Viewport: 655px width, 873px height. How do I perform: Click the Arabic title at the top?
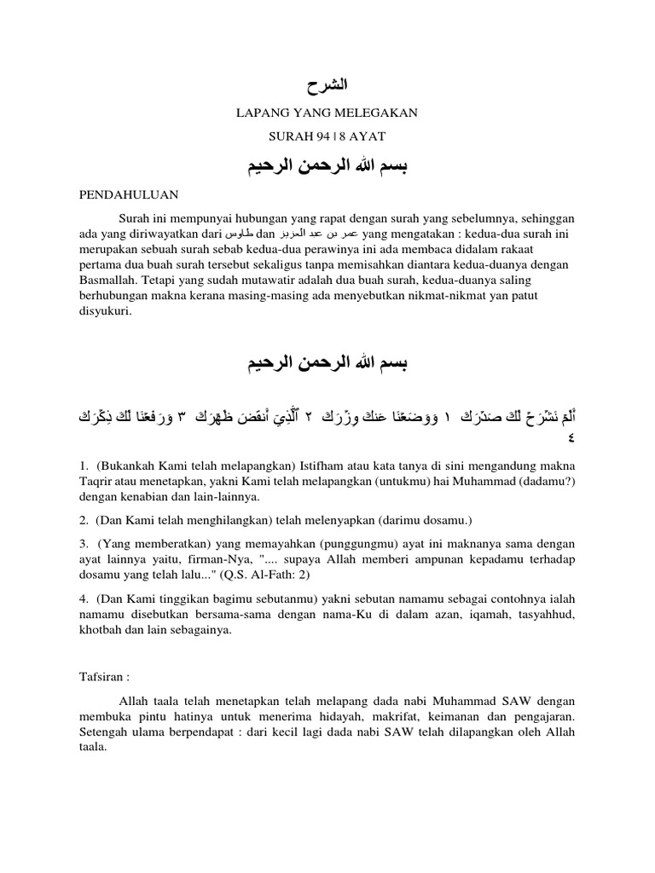point(327,85)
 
